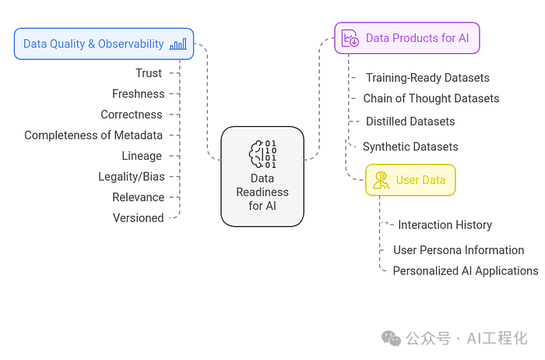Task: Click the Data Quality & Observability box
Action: [104, 44]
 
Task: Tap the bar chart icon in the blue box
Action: [178, 44]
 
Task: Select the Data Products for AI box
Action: [407, 38]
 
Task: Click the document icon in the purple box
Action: [350, 38]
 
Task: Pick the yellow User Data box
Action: [410, 180]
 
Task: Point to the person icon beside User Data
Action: [381, 180]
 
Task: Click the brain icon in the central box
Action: [262, 154]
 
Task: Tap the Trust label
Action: [149, 73]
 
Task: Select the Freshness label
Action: [139, 94]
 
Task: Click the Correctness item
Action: [132, 115]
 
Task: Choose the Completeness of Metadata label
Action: [93, 135]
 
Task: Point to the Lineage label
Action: [142, 156]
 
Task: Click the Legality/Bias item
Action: [132, 177]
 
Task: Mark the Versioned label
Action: [139, 218]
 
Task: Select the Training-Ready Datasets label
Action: [427, 78]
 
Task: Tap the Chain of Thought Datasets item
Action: [431, 98]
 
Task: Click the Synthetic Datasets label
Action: [410, 146]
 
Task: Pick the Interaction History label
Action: [445, 225]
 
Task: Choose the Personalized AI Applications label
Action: [466, 271]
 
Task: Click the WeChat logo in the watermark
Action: [391, 338]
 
